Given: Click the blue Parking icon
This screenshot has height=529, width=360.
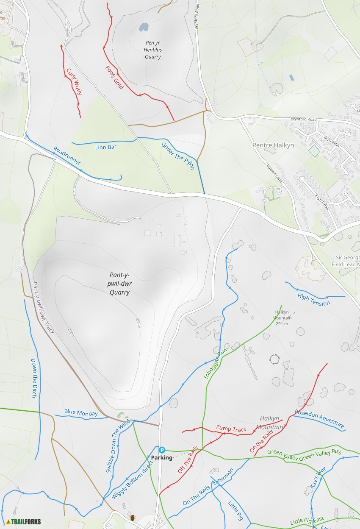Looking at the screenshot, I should (161, 449).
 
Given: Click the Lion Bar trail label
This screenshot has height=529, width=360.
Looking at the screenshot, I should (105, 147).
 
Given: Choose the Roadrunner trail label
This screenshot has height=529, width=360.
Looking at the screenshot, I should (67, 156).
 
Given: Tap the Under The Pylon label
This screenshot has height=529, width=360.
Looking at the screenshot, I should (177, 156).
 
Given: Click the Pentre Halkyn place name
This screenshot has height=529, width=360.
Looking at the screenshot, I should (273, 145).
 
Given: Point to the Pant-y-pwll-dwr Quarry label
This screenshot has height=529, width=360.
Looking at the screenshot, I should (119, 284).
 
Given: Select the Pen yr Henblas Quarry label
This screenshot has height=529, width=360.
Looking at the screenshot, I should (153, 50).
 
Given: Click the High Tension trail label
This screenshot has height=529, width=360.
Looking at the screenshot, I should (313, 299).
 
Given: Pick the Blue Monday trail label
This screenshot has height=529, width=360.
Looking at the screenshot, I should (81, 412).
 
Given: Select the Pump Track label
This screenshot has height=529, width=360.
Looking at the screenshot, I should (231, 429).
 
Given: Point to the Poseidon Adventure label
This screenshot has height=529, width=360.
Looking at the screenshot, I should (319, 419).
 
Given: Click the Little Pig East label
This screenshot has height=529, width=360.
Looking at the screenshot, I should (307, 521).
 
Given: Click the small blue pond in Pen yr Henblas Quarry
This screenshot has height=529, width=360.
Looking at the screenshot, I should (144, 28).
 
